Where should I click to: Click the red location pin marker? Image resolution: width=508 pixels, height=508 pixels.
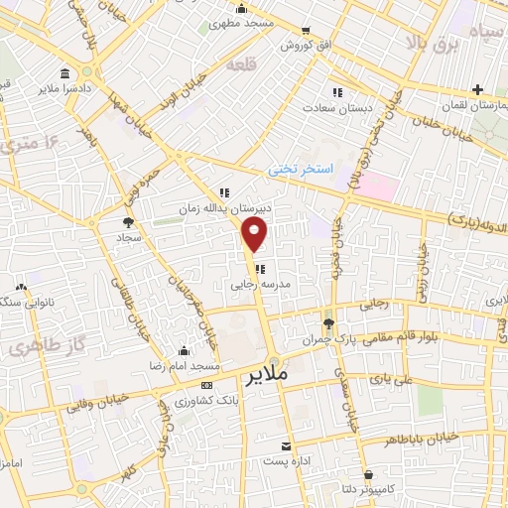(255, 234)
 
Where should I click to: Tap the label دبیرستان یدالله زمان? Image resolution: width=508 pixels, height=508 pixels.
(259, 209)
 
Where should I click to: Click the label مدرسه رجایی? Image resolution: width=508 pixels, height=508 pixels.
(258, 283)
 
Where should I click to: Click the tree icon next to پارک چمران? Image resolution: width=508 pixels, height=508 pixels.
(329, 323)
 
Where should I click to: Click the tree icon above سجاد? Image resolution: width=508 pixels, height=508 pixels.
(128, 222)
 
